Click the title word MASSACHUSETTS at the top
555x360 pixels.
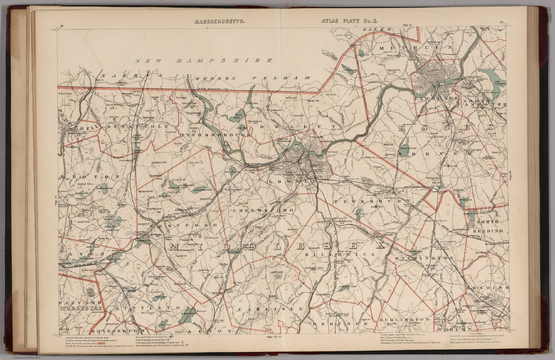(x=220, y=21)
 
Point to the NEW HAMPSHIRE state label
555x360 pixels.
(x=204, y=61)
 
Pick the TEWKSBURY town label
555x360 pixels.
(x=372, y=201)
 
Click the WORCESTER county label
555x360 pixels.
(x=81, y=308)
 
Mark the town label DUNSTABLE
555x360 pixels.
(x=137, y=127)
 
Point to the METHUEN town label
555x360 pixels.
(x=416, y=48)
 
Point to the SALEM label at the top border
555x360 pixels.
(x=378, y=29)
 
